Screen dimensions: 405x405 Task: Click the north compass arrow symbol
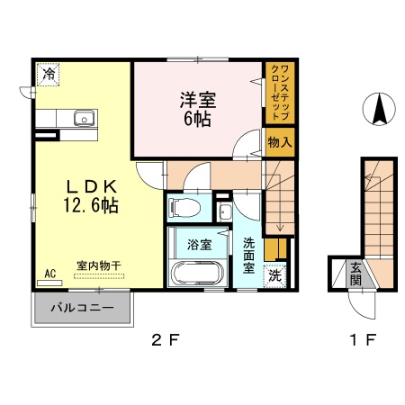point(381,111)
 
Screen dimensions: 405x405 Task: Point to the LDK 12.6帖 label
point(88,195)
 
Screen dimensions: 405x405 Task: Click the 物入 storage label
point(279,141)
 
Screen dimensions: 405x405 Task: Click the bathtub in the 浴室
point(194,274)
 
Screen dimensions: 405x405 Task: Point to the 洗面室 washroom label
point(249,255)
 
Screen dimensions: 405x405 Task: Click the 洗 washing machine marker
point(275,276)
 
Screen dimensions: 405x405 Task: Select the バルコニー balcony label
point(81,309)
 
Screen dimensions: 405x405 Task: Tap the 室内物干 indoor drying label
point(99,265)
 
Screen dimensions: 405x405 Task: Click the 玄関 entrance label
point(356,272)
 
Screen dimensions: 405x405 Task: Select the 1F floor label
point(363,342)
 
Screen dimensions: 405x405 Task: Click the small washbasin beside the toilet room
point(225,212)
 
